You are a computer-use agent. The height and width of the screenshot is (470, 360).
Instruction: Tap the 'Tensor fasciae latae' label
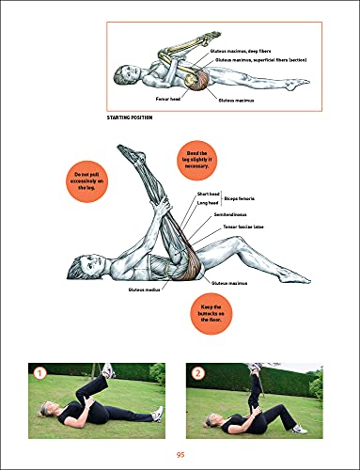pos(243,227)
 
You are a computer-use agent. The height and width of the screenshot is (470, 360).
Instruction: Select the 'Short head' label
pos(208,195)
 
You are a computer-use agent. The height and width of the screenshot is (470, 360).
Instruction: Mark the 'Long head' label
pos(208,204)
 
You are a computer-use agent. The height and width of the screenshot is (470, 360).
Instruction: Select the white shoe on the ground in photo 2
pos(298,429)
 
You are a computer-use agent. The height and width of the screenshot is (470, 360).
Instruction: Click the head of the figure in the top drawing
pos(123,70)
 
